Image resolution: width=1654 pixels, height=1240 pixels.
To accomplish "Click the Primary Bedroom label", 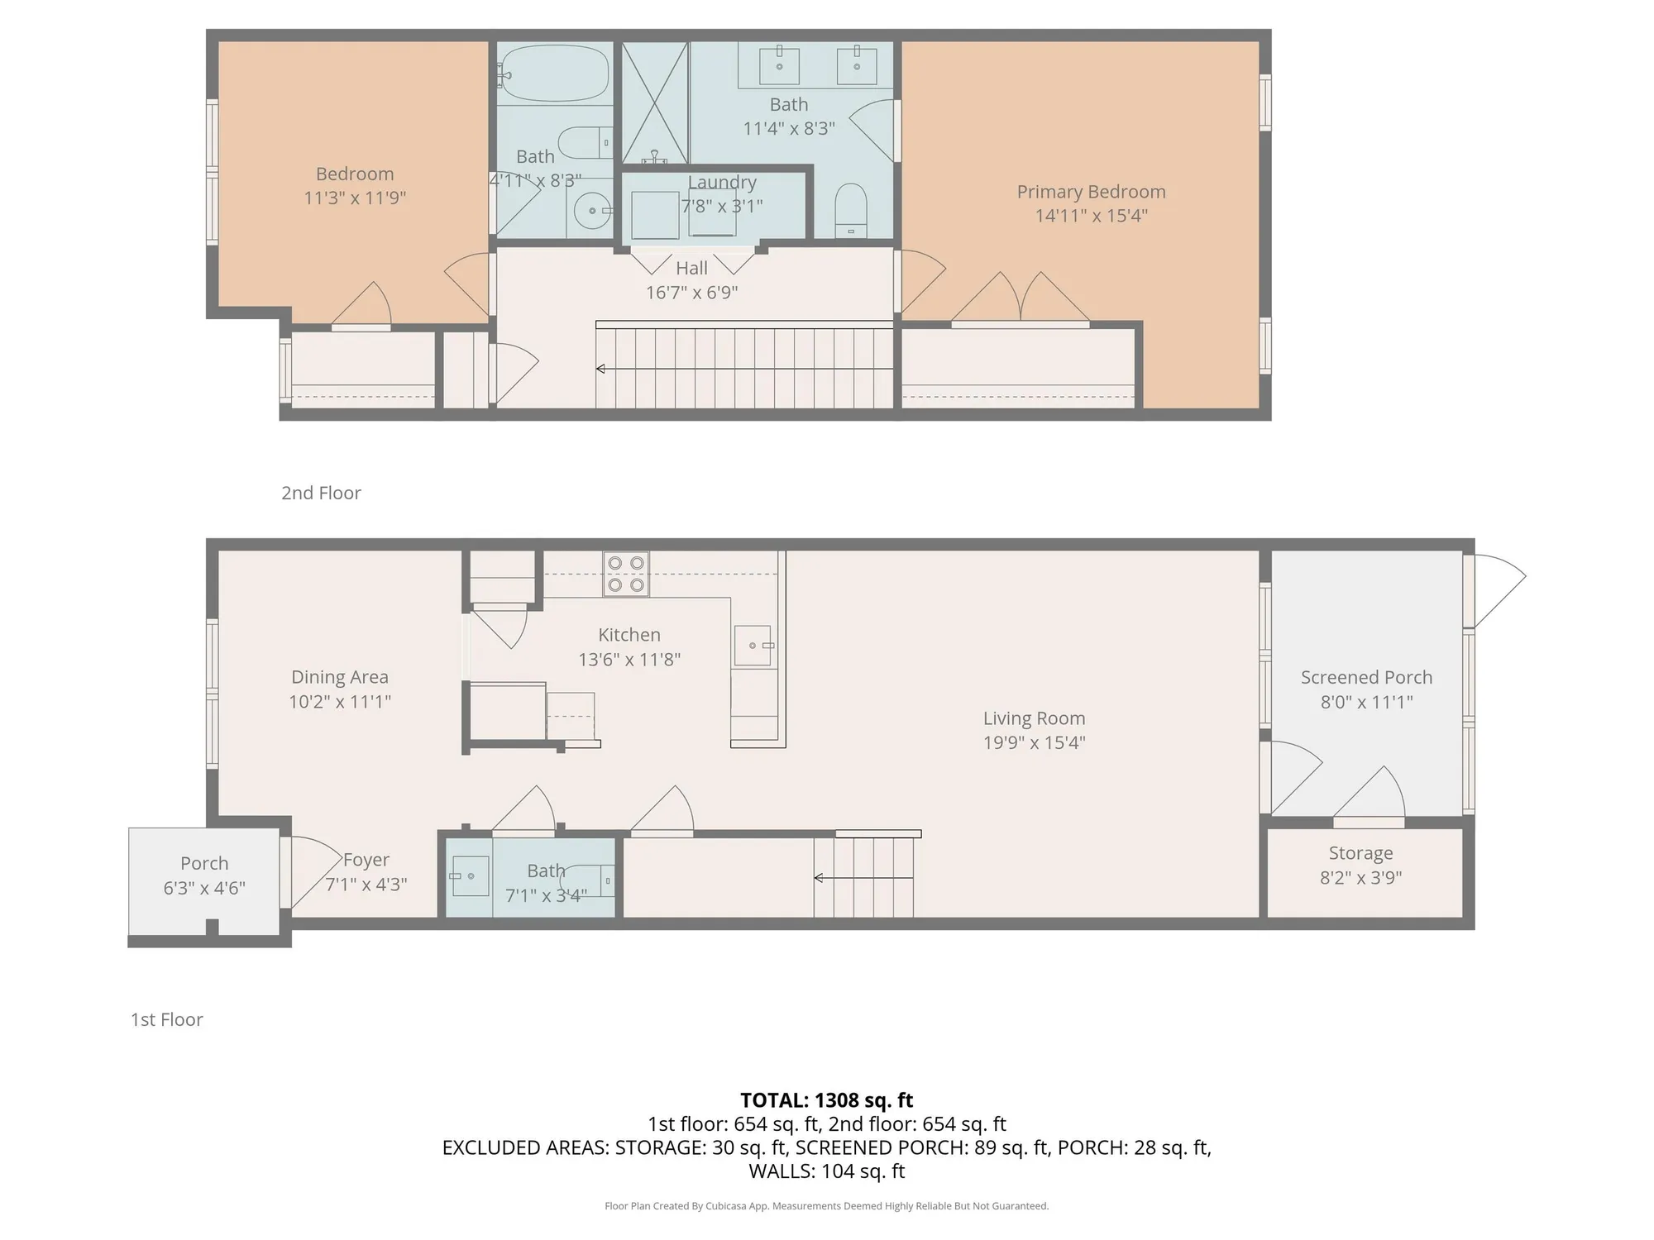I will (x=1091, y=192).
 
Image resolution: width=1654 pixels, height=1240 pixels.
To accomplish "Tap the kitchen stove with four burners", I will (x=626, y=574).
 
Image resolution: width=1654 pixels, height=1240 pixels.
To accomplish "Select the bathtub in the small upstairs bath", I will (x=555, y=74).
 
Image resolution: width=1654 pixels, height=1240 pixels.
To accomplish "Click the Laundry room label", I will (x=722, y=183).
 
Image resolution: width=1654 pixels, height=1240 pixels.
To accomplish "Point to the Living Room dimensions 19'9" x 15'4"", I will (x=1034, y=742).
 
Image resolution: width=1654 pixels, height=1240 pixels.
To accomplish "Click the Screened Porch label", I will (x=1366, y=677).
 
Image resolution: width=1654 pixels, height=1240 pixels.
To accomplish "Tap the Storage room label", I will (x=1360, y=853).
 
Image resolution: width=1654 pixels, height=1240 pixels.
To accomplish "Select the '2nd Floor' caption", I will (x=321, y=493).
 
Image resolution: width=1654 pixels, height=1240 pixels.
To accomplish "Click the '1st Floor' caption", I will (x=167, y=1019).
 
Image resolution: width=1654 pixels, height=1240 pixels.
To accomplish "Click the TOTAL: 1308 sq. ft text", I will (x=826, y=1100).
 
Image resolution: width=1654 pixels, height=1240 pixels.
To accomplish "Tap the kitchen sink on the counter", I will (x=753, y=646).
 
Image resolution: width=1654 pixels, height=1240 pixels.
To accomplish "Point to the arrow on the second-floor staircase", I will (x=601, y=369).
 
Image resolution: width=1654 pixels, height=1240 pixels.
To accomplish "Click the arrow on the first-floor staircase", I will (x=819, y=878).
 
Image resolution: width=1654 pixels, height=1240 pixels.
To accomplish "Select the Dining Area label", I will (x=339, y=677).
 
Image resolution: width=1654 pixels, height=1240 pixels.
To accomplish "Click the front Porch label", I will (x=204, y=863).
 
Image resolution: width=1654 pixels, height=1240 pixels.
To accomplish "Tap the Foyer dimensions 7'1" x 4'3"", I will (x=366, y=885).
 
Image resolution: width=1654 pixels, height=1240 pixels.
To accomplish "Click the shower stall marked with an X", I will (x=655, y=103).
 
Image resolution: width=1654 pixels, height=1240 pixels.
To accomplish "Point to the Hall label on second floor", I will (x=691, y=269).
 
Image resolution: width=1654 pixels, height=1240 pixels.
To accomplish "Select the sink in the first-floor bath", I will (x=470, y=876).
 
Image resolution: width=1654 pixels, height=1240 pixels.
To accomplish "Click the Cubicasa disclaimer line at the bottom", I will (x=826, y=1206).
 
